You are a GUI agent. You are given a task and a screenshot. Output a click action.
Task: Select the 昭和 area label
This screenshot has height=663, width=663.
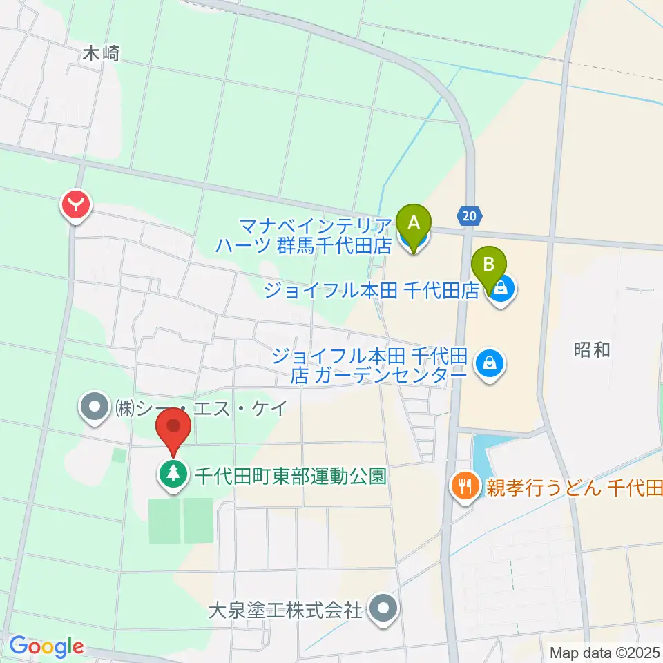(592, 349)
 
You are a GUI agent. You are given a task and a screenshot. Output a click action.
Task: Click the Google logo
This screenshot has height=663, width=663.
(46, 647)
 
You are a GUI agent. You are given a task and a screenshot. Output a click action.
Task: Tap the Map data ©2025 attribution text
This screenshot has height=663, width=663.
(604, 652)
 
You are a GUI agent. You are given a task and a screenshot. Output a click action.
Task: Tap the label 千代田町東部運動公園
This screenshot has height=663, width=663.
(290, 476)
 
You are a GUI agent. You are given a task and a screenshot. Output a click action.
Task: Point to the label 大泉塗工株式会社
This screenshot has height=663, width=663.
(286, 610)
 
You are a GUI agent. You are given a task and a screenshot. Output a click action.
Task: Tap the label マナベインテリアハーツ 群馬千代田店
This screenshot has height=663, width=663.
(315, 235)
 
